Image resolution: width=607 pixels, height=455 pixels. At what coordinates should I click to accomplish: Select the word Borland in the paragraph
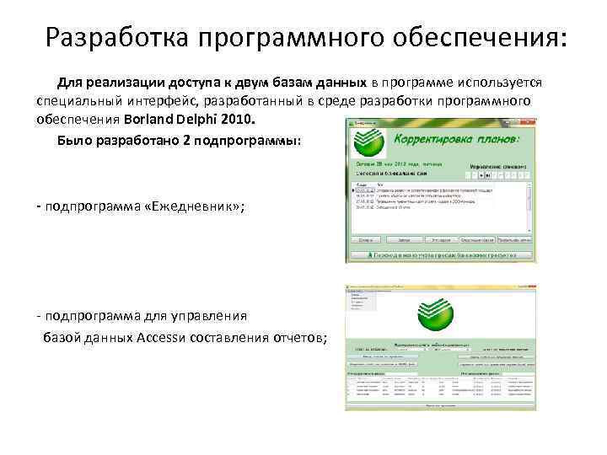[x=153, y=119]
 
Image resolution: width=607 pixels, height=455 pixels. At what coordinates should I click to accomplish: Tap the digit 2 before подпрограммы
[x=185, y=140]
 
